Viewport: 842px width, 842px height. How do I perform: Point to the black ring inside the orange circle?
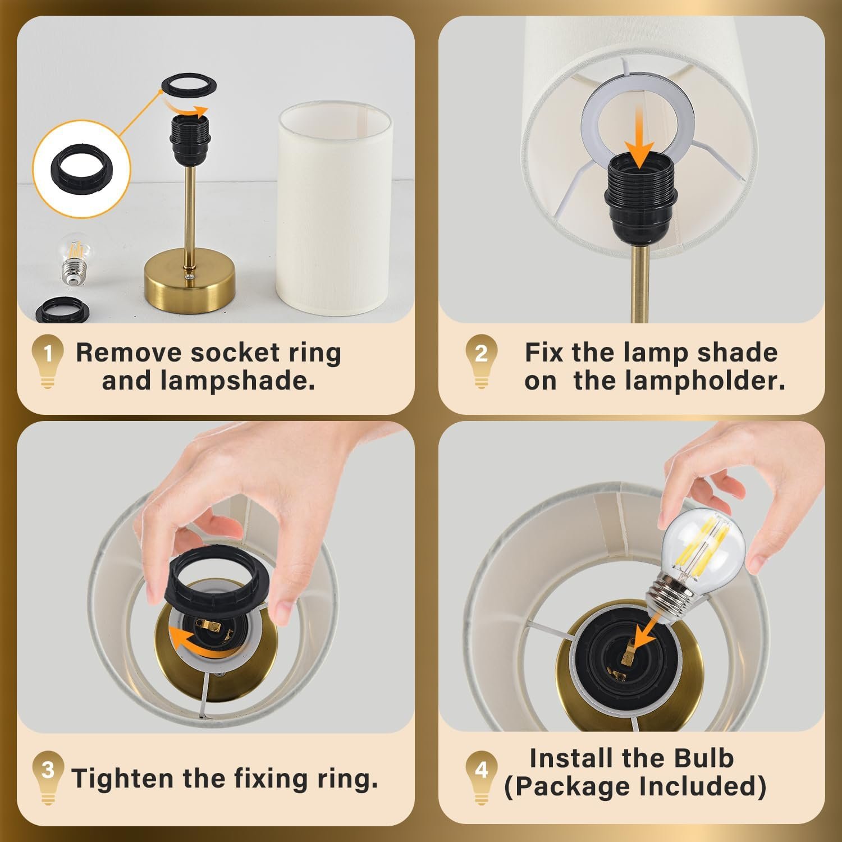coord(82,170)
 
